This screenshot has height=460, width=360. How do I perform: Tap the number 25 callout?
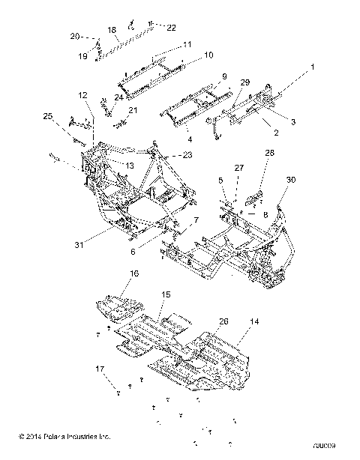pyautogui.click(x=48, y=117)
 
